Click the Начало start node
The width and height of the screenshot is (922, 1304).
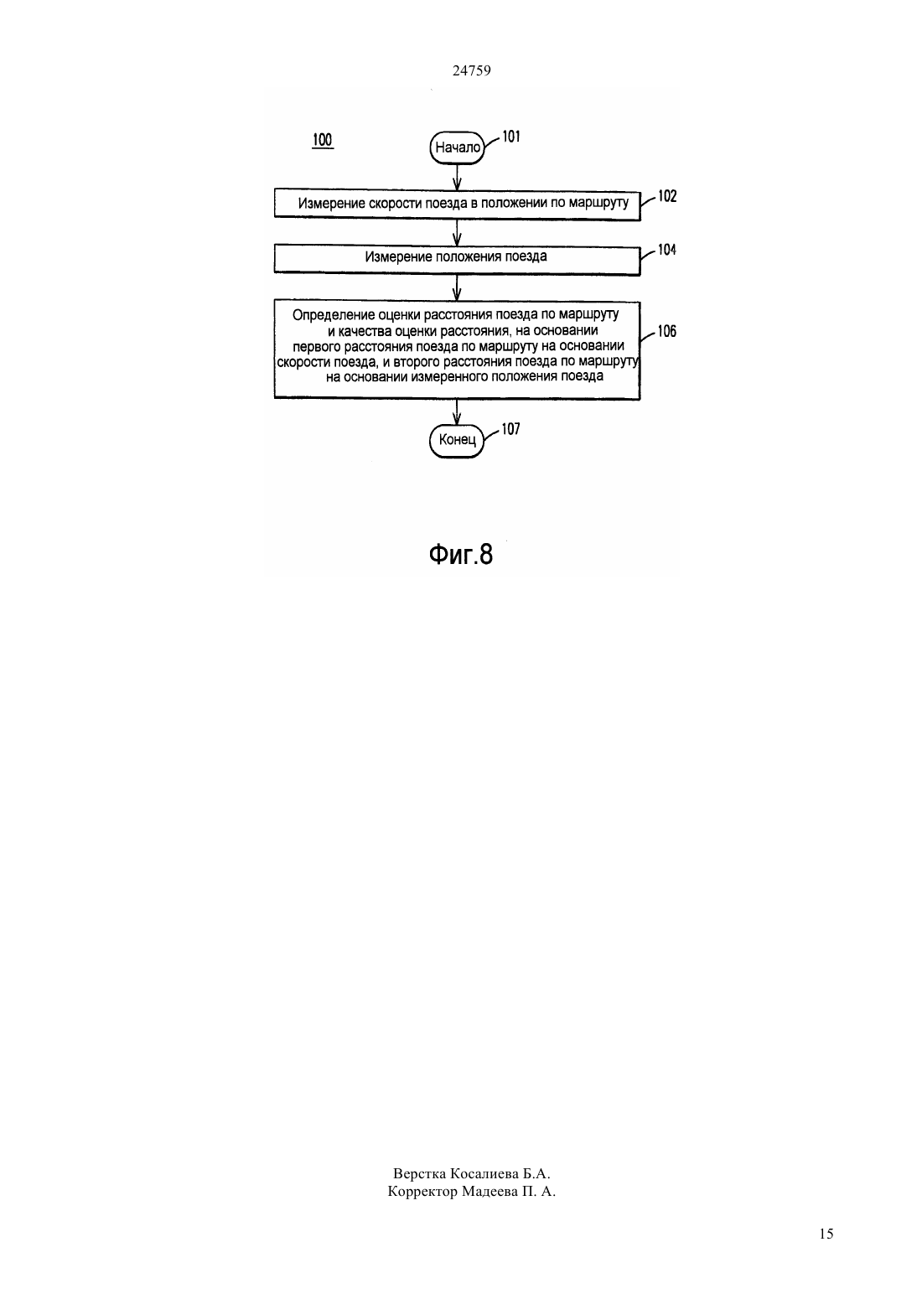click(x=458, y=147)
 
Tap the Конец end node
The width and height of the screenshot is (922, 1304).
click(x=458, y=441)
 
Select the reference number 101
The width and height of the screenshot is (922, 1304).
click(x=511, y=137)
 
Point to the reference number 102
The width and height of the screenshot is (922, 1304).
click(x=667, y=197)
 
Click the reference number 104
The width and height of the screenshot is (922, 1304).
click(x=667, y=251)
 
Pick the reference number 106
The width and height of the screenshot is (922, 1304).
click(x=667, y=332)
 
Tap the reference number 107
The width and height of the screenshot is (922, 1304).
click(x=511, y=430)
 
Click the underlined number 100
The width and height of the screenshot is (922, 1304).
click(x=323, y=140)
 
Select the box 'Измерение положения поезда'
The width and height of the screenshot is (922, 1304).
click(x=457, y=260)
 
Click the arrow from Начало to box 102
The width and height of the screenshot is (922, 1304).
click(x=457, y=176)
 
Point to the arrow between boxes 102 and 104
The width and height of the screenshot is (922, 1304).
click(x=457, y=232)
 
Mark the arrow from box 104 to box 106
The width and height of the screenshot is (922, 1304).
click(x=457, y=287)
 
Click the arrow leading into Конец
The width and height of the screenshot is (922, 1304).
click(x=457, y=411)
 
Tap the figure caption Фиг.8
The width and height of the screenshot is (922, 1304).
click(x=461, y=555)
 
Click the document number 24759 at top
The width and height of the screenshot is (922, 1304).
click(x=471, y=71)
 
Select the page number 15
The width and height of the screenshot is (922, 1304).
click(x=826, y=1234)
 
